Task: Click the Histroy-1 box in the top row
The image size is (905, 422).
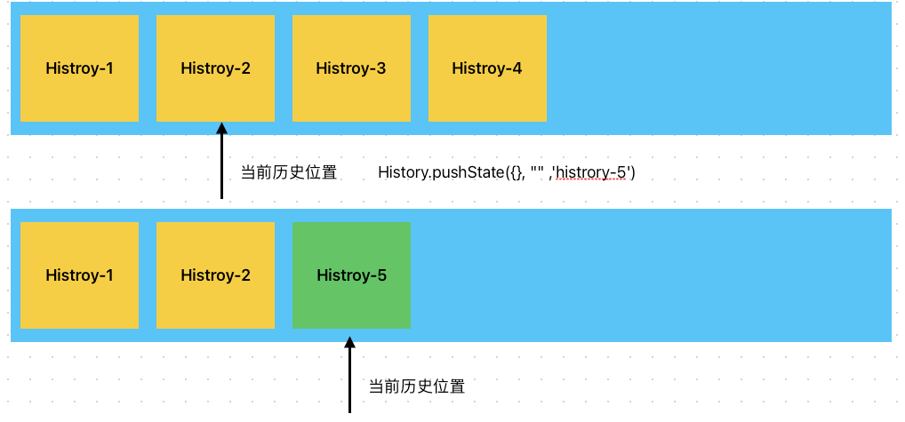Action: (x=79, y=68)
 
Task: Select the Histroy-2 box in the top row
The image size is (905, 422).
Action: (x=215, y=68)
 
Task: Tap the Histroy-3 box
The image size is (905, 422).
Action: (x=351, y=68)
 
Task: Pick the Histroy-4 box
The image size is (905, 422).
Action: (x=487, y=68)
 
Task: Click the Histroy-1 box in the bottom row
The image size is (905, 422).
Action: (x=79, y=275)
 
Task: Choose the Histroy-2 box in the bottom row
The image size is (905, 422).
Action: (x=215, y=275)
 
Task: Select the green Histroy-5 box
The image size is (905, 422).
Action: (x=351, y=275)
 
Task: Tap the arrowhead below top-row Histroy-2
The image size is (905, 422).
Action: (x=222, y=130)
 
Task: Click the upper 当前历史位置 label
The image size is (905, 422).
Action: (x=289, y=173)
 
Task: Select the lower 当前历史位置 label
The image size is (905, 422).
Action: (x=417, y=387)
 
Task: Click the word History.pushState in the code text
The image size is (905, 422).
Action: (x=441, y=173)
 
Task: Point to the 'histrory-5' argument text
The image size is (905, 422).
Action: (x=592, y=173)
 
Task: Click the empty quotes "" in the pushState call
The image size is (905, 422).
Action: (x=537, y=171)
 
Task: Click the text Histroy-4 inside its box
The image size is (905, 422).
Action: (x=487, y=68)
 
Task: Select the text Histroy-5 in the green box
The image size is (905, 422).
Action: (x=351, y=275)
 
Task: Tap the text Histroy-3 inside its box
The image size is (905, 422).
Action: (x=351, y=68)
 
